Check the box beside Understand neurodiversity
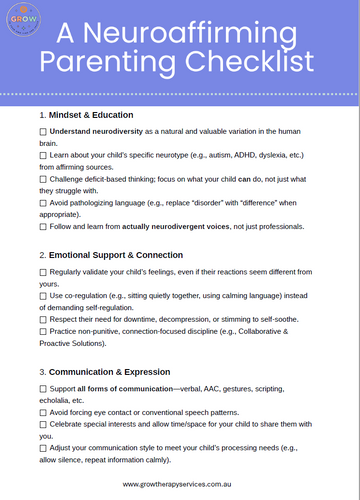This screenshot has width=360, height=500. (x=43, y=131)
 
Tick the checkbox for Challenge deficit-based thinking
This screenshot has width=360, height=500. (x=43, y=178)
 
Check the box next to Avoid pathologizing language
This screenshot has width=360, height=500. (x=43, y=202)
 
